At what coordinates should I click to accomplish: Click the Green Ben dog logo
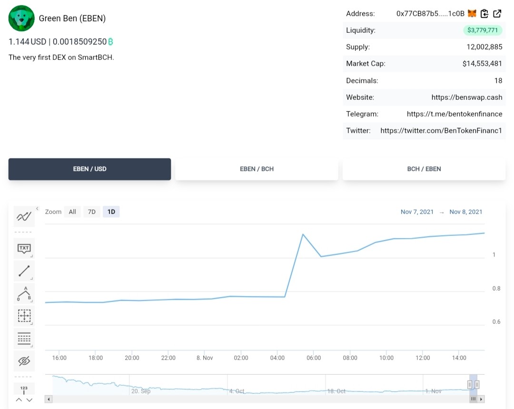click(21, 19)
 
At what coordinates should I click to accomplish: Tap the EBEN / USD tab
click(89, 169)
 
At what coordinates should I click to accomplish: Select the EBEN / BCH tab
click(257, 169)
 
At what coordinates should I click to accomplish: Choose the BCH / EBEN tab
click(424, 169)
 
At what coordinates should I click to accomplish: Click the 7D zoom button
click(92, 212)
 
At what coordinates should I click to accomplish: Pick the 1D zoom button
click(111, 212)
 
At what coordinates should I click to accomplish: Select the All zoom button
click(72, 212)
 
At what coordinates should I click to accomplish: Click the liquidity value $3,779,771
click(483, 30)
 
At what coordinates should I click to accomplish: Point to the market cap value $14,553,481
click(482, 64)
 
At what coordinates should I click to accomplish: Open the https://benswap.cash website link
click(467, 97)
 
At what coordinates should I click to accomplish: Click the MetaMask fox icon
click(472, 13)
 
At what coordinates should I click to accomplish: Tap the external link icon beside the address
click(497, 13)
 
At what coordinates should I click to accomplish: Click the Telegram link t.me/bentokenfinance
click(455, 114)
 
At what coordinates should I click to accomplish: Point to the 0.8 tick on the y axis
click(496, 289)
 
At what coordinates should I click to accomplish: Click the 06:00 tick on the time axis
click(314, 358)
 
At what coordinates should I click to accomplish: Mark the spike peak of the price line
click(303, 234)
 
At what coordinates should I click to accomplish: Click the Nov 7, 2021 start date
click(417, 212)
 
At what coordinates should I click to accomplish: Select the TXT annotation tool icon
click(24, 249)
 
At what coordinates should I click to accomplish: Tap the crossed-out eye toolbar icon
click(24, 361)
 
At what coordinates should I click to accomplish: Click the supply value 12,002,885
click(484, 47)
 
